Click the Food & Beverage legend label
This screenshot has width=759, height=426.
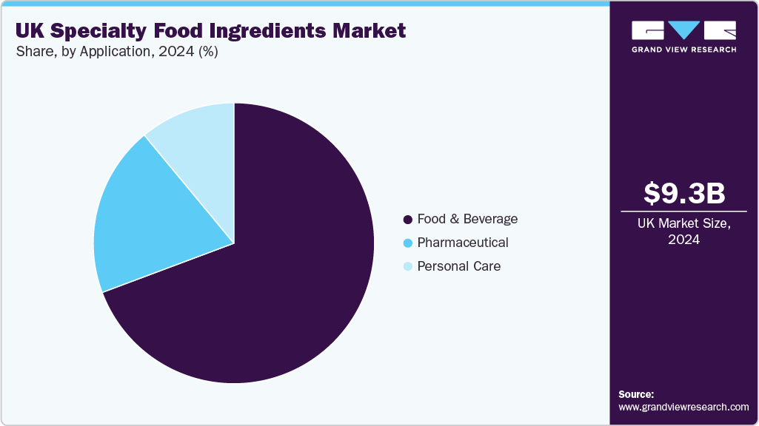[x=467, y=219]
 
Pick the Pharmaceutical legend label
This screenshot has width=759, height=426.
[x=463, y=243]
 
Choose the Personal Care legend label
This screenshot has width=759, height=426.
[x=459, y=266]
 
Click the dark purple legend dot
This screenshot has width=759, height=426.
[x=407, y=220]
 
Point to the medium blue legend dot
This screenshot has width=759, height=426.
[x=407, y=243]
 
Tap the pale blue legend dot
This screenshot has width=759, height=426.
[x=407, y=267]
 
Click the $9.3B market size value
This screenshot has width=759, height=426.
[x=683, y=193]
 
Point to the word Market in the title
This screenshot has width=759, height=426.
[x=368, y=31]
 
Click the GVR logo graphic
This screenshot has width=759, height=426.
[x=683, y=30]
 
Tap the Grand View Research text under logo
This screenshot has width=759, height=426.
[x=683, y=50]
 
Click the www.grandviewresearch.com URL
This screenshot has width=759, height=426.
[x=683, y=408]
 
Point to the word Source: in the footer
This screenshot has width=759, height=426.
[x=636, y=394]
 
